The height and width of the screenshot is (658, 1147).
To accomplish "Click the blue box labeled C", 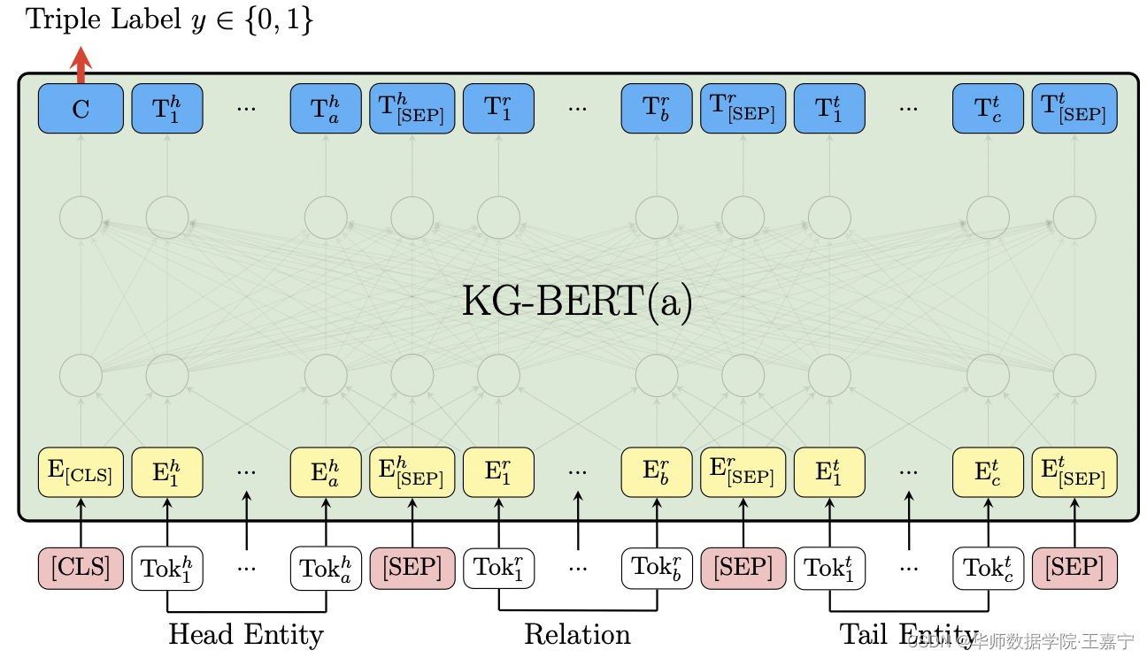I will [81, 109].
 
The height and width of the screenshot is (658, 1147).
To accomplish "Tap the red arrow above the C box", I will [81, 65].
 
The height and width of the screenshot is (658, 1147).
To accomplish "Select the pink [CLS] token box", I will [81, 568].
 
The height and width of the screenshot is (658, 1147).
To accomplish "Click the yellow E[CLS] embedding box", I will [81, 472].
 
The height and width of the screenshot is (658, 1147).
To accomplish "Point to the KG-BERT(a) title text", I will [577, 302].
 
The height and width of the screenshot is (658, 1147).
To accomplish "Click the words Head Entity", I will [246, 634].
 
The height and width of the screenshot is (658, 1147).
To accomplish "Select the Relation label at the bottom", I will [577, 634].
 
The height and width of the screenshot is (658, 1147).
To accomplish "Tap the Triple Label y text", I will [169, 20].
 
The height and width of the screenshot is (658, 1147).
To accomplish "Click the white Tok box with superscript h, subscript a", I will [326, 568].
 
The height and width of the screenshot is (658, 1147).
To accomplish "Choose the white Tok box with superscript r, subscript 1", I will [498, 568].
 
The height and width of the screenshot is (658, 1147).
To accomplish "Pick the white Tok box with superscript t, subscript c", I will [988, 568].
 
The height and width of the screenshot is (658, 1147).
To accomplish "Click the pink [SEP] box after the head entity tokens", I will [412, 568].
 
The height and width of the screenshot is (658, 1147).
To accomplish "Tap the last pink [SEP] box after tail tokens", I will [1074, 568].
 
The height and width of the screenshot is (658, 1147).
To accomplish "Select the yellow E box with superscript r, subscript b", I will [657, 472].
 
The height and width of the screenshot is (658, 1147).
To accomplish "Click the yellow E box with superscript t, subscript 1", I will [829, 472].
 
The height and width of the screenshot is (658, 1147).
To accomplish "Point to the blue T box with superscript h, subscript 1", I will [167, 109].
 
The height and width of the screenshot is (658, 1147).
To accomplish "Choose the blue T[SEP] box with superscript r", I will [743, 109].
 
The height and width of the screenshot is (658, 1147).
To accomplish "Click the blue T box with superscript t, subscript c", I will [988, 109].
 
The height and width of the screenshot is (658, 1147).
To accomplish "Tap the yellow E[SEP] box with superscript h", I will [412, 472].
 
